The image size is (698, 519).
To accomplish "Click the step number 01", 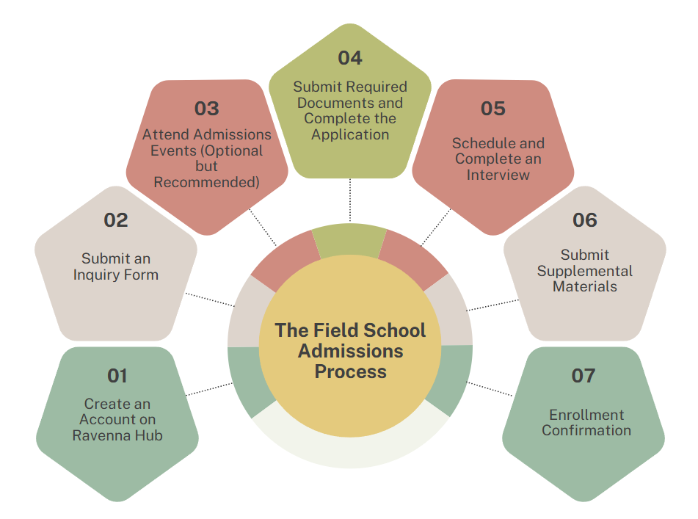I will [x=117, y=376].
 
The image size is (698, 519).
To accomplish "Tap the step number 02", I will [x=116, y=219].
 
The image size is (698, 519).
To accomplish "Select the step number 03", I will [x=206, y=109].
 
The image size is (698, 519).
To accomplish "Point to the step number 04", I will [x=350, y=57].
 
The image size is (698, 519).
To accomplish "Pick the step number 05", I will [x=492, y=109].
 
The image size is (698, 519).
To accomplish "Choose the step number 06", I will [x=584, y=219].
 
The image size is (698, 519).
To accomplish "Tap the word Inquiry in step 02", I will [x=95, y=275].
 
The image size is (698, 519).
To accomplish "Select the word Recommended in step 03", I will [x=206, y=182].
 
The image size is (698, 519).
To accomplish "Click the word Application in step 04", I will [x=350, y=134].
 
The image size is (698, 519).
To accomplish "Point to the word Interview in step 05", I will [x=498, y=175].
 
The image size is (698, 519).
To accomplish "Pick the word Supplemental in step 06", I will [x=584, y=271].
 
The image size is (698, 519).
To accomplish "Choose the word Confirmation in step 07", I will [x=586, y=431].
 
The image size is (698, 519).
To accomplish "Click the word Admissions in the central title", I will [x=350, y=351].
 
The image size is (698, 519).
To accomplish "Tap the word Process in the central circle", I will [x=350, y=371].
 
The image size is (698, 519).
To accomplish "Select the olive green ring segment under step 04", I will [x=349, y=241].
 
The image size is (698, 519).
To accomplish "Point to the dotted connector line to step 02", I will [x=209, y=300].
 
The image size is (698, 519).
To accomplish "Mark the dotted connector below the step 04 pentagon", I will [x=350, y=200].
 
